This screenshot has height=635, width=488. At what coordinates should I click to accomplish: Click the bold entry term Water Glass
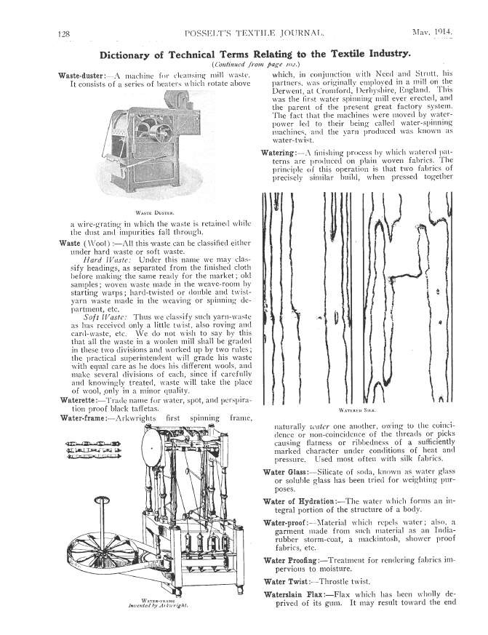tap(284, 473)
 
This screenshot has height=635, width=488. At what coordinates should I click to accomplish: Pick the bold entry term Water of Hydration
tap(300, 502)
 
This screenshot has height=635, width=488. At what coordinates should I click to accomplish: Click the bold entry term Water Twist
tap(287, 582)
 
